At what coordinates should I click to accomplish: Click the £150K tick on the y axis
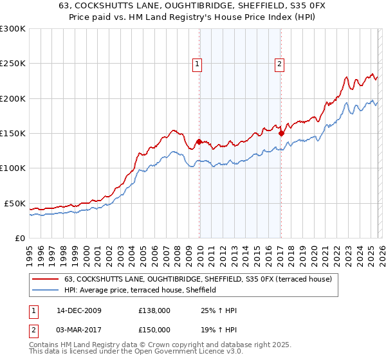[x=12, y=134]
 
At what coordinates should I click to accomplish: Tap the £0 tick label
[x=19, y=238]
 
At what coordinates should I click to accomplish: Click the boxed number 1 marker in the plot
[x=196, y=64]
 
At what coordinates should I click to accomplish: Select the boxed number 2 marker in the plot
[x=280, y=64]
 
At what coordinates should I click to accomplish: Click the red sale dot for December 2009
[x=199, y=141]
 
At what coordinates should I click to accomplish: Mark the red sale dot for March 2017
[x=281, y=133]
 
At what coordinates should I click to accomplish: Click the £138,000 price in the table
[x=154, y=310]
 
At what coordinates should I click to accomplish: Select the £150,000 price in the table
[x=154, y=329]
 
